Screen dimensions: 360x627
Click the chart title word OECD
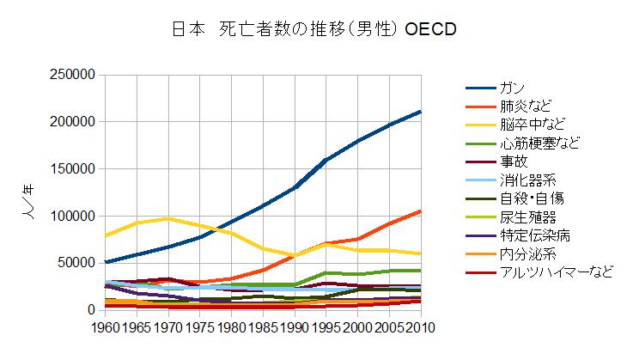(x=423, y=29)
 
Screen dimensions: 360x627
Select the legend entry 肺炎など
(x=526, y=107)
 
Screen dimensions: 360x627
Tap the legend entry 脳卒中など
(x=532, y=125)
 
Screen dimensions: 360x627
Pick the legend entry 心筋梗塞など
(x=539, y=143)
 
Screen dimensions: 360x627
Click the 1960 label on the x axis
(x=105, y=327)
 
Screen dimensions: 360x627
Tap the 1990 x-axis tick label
(x=295, y=327)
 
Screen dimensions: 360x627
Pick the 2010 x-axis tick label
(x=420, y=327)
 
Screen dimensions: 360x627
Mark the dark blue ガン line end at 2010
(x=420, y=112)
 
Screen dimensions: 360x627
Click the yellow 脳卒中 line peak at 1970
(x=168, y=218)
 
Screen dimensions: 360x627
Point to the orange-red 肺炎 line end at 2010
(x=420, y=211)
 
